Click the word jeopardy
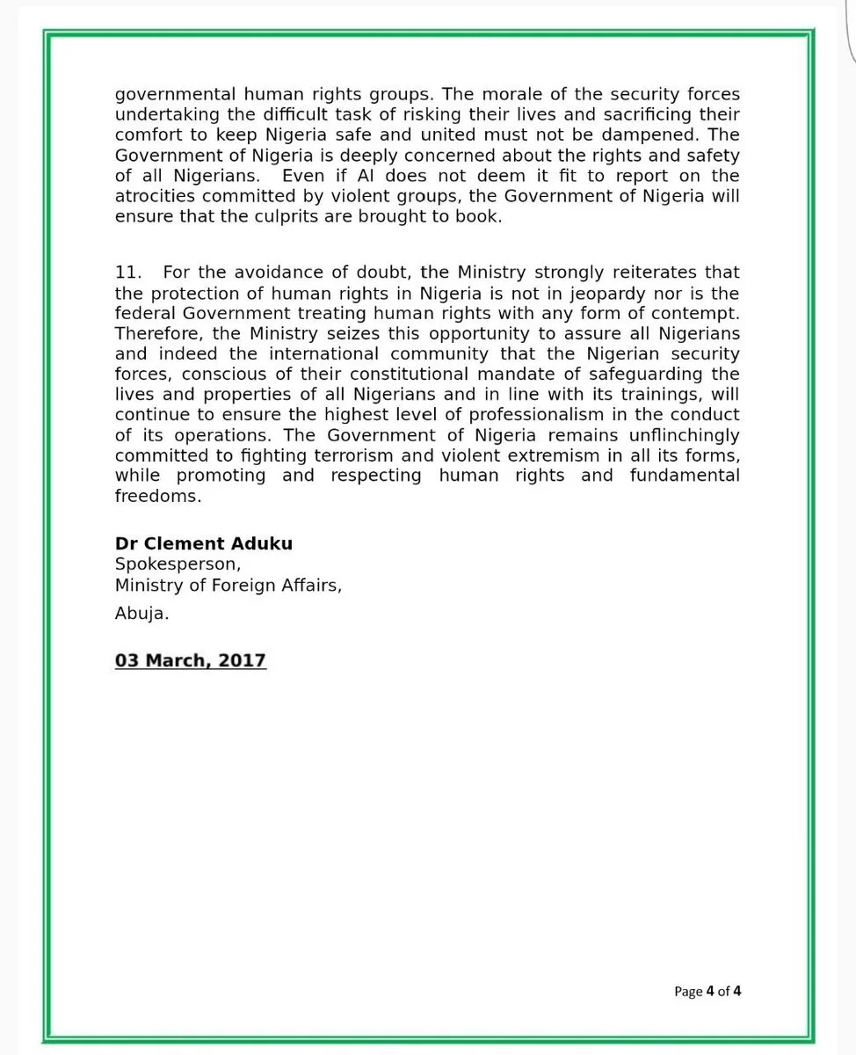click(607, 294)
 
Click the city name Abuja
click(141, 615)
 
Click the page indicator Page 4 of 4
click(708, 991)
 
